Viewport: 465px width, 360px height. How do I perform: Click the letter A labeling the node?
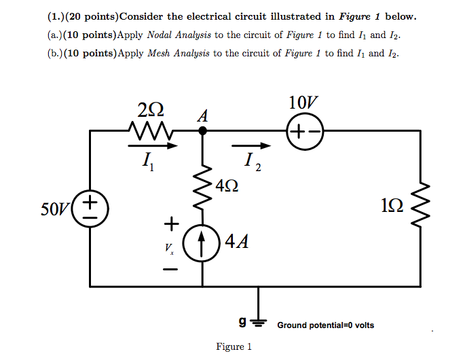click(202, 115)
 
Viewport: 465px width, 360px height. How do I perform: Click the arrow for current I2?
click(251, 145)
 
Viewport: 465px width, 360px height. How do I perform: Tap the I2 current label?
click(252, 163)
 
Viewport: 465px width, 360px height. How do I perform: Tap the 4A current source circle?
click(202, 241)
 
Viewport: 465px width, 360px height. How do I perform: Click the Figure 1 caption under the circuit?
click(233, 347)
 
